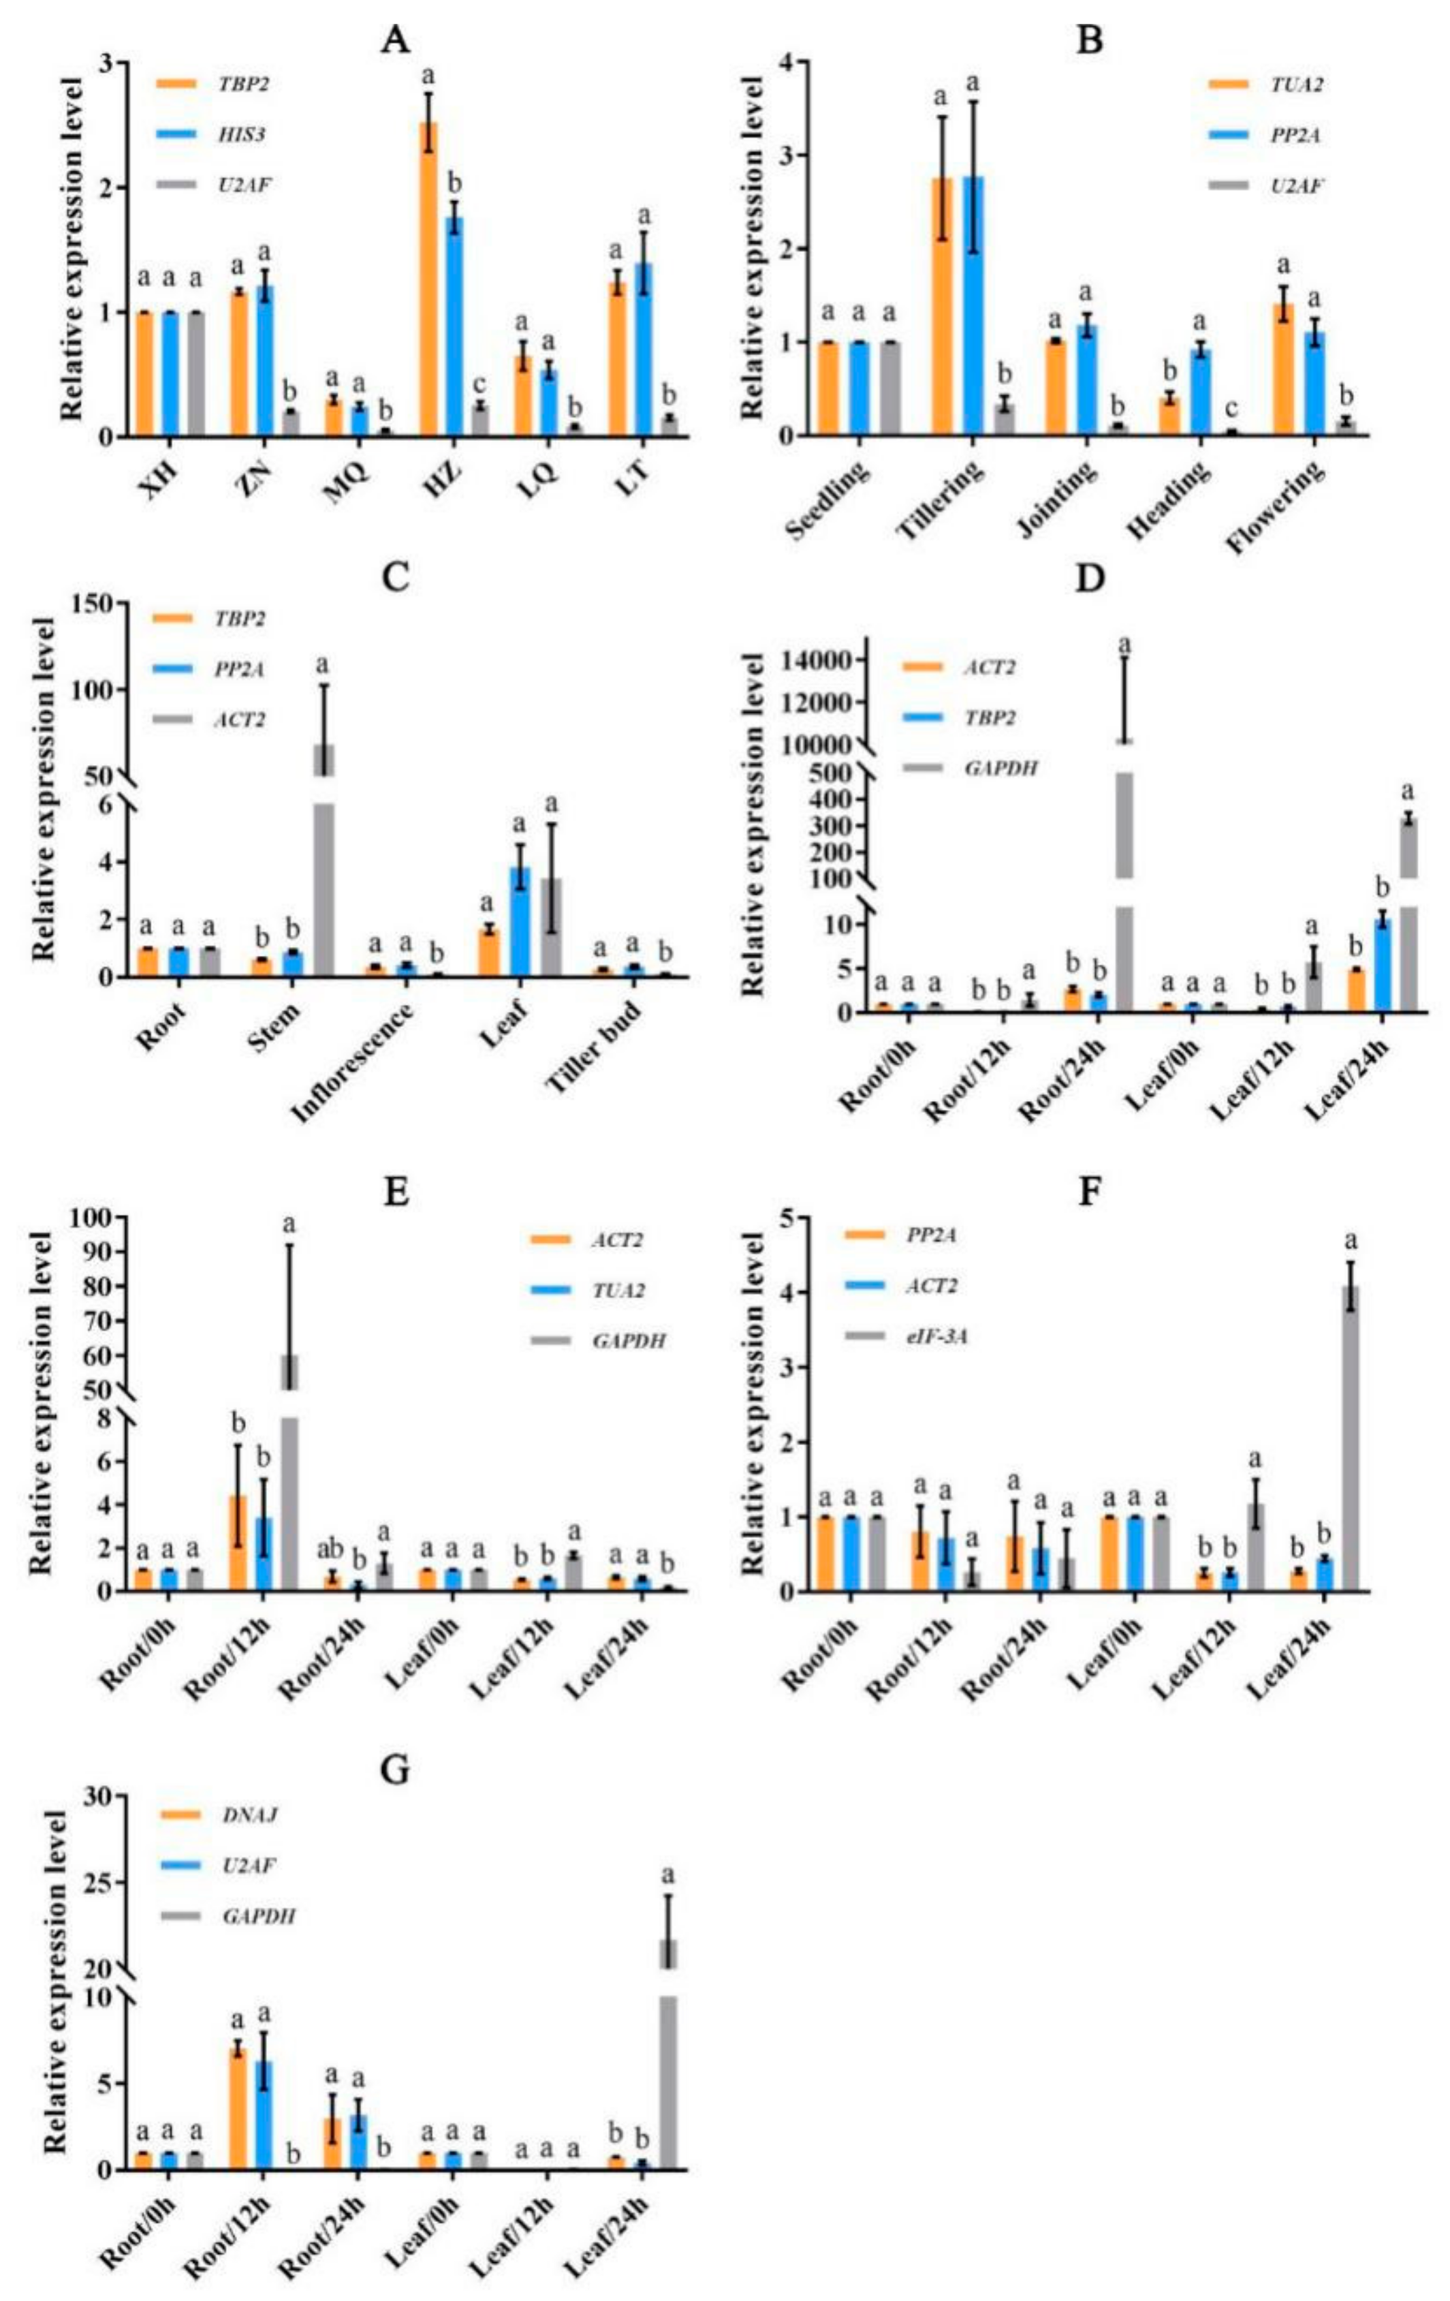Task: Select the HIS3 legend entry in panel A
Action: click(x=240, y=135)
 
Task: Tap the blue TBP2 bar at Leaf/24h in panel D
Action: click(x=1381, y=963)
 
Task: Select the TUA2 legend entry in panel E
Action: click(x=617, y=1290)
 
